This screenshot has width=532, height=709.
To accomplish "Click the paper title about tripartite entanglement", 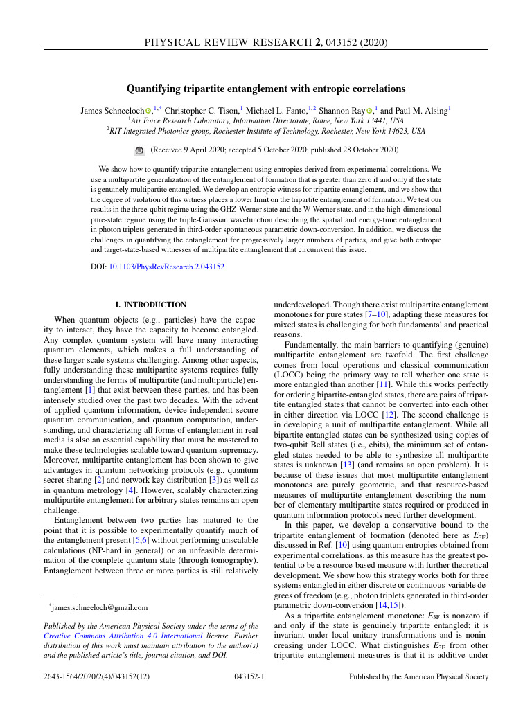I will [265, 89].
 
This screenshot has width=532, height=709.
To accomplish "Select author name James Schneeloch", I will [112, 110].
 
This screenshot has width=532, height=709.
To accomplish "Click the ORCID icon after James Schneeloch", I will [148, 110].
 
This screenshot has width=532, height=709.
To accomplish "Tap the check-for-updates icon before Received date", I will [139, 150].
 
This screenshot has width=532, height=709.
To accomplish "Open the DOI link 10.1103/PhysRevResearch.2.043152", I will [166, 267].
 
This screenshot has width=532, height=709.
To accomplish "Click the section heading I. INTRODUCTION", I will [150, 305].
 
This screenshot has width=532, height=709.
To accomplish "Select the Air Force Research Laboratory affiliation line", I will [267, 120].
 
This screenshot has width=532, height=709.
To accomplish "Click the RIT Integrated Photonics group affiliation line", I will [267, 130].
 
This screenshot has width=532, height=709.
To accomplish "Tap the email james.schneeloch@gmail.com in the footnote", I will [100, 608].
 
